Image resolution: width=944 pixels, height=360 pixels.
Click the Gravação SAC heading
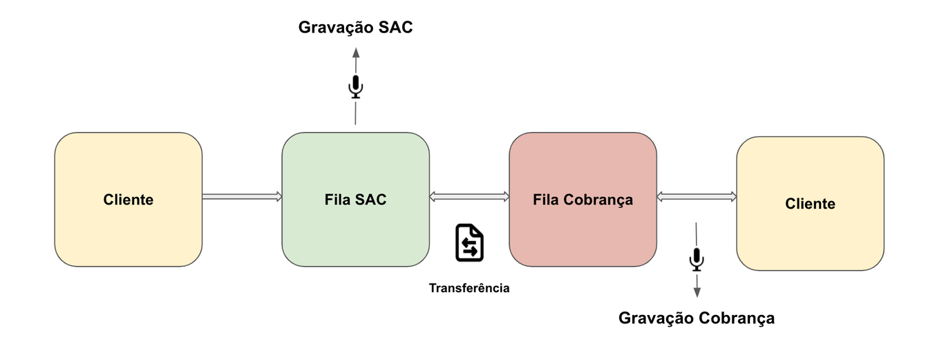pyautogui.click(x=355, y=28)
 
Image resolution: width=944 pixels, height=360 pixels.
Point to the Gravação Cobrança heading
pyautogui.click(x=697, y=318)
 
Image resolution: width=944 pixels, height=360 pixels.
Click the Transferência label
pyautogui.click(x=469, y=288)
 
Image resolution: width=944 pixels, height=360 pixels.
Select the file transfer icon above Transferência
pyautogui.click(x=469, y=243)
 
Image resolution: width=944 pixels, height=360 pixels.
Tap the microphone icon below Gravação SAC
pyautogui.click(x=355, y=86)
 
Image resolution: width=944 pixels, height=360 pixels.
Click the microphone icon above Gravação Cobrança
pyautogui.click(x=697, y=259)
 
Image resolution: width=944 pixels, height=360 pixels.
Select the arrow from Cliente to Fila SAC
pyautogui.click(x=242, y=197)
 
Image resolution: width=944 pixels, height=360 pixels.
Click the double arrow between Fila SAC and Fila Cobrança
pyautogui.click(x=469, y=197)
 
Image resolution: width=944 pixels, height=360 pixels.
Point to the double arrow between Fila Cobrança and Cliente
pyautogui.click(x=697, y=198)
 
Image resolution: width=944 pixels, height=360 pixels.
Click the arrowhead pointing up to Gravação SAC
pyautogui.click(x=355, y=53)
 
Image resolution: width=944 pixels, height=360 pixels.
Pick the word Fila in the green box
pyautogui.click(x=337, y=200)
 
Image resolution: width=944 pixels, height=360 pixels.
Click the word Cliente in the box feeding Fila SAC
pyautogui.click(x=129, y=200)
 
